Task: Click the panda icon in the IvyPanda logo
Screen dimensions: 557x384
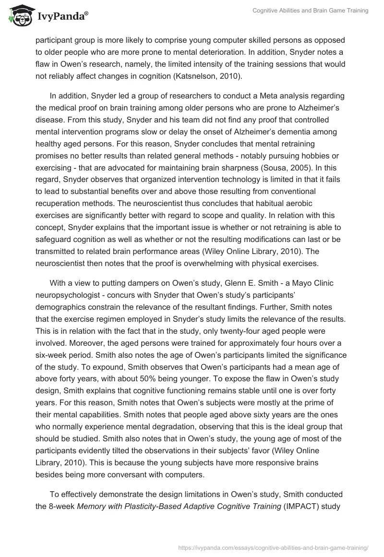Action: coord(18,16)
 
